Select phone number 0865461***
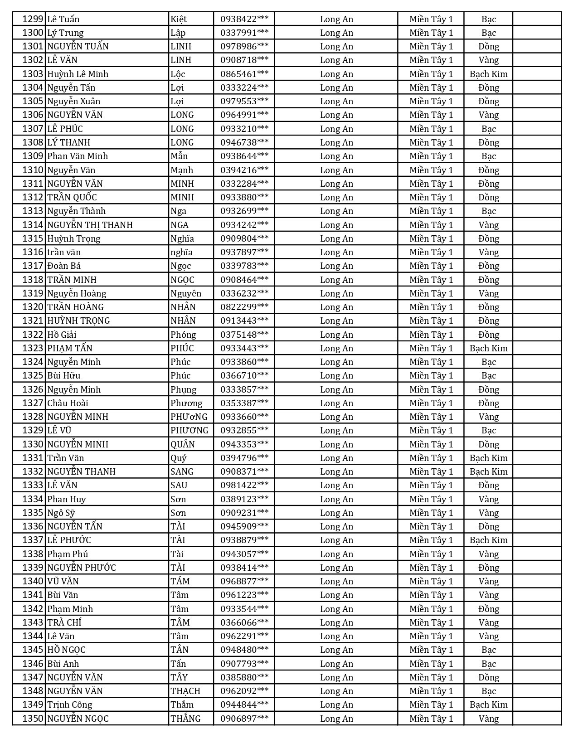tap(244, 74)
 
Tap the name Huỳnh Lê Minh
tap(78, 74)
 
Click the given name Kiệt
tap(179, 19)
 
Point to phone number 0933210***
tap(244, 129)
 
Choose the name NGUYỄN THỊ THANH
tap(90, 225)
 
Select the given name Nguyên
tap(186, 293)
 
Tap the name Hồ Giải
tap(62, 335)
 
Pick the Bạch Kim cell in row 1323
tap(488, 348)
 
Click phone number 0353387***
tap(244, 403)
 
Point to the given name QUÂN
tap(183, 444)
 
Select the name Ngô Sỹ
tap(61, 513)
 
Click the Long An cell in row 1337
tap(336, 540)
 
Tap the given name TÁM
tap(180, 581)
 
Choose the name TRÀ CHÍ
tap(64, 622)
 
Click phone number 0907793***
tap(244, 664)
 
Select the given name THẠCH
tap(185, 691)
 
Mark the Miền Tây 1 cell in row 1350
tap(431, 719)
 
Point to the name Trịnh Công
tap(69, 704)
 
